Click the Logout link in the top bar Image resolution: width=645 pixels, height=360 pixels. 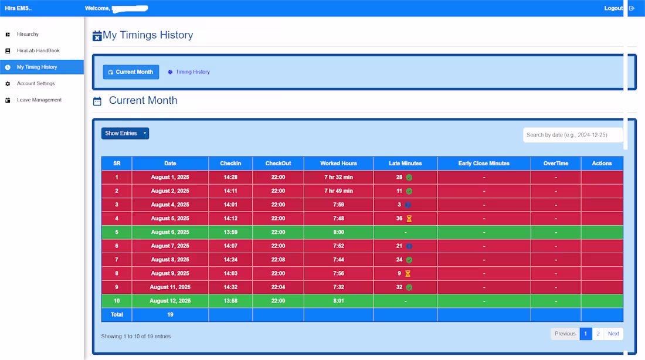pos(613,8)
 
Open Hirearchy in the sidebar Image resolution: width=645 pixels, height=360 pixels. pos(28,35)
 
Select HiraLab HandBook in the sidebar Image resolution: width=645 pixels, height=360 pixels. pos(38,51)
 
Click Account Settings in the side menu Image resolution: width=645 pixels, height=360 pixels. pos(36,84)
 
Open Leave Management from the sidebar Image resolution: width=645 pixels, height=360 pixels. pos(39,100)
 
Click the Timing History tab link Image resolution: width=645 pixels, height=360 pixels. pos(192,72)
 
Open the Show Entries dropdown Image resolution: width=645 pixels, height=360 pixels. pos(125,134)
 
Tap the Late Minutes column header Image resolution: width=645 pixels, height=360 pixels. pos(405,164)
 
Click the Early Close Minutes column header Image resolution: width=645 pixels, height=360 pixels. pos(484,164)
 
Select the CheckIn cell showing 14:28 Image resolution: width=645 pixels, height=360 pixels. pos(230,177)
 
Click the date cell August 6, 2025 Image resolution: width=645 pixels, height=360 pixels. pos(170,232)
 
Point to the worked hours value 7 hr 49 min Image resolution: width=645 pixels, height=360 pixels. pos(338,191)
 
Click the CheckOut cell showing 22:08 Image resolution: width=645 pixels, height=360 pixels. pos(278,260)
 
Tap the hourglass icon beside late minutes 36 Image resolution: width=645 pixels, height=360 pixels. pos(409,219)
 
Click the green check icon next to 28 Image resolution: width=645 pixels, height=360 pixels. pos(409,177)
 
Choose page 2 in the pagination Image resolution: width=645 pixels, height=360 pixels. pos(598,334)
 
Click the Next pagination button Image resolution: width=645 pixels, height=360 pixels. pos(613,334)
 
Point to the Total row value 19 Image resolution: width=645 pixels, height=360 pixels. pos(170,315)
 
